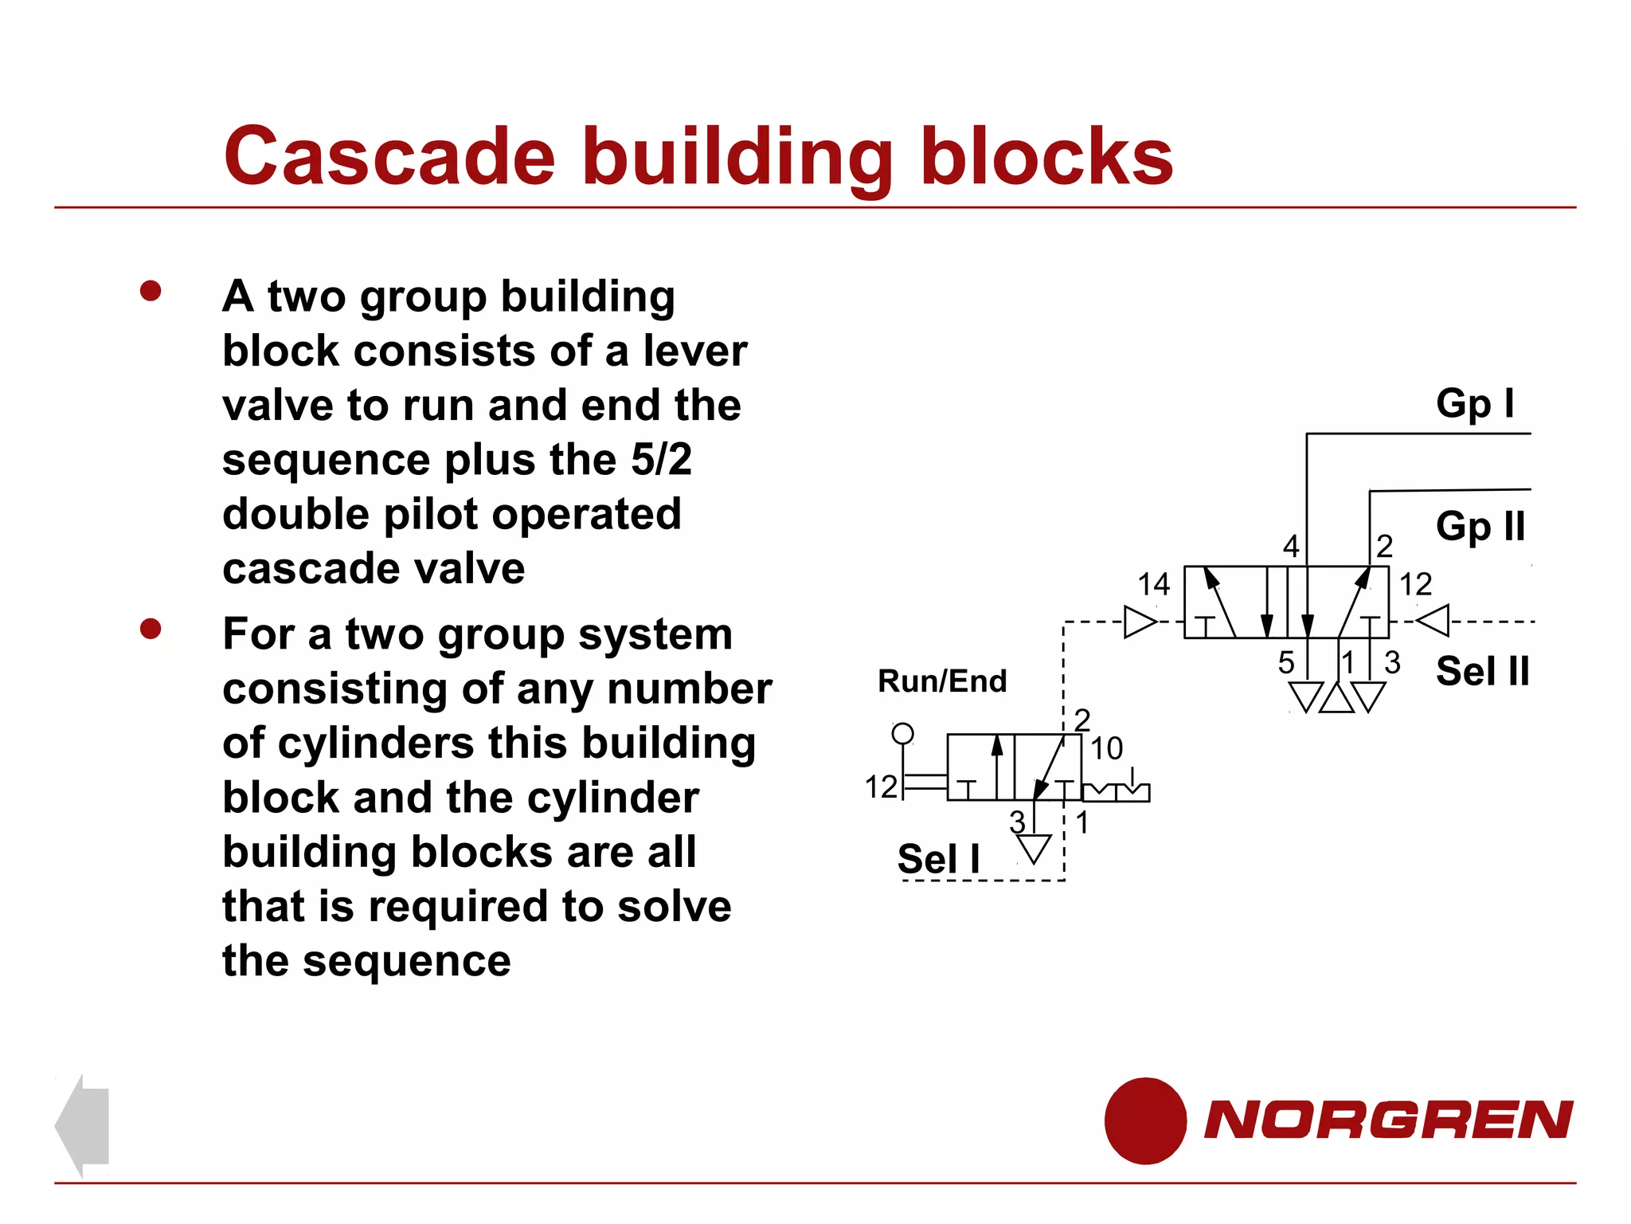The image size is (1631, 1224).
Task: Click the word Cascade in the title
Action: point(389,156)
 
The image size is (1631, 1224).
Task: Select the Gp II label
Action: point(1480,527)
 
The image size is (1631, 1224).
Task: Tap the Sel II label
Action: point(1482,671)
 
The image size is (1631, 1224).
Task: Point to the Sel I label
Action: point(938,859)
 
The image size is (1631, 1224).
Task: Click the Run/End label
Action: point(942,681)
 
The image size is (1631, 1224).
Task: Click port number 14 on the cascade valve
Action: point(1153,585)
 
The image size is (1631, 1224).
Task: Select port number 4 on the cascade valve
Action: point(1291,547)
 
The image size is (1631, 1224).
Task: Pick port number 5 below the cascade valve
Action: point(1286,663)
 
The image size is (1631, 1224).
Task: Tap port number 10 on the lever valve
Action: point(1106,748)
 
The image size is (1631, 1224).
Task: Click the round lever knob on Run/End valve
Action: point(902,733)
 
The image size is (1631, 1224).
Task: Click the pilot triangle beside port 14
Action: point(1140,622)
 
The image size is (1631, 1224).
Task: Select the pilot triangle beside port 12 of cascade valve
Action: point(1434,621)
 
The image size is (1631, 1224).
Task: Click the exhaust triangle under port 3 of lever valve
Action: point(1034,849)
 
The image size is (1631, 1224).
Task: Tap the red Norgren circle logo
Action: point(1145,1120)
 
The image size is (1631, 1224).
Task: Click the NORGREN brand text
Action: point(1388,1120)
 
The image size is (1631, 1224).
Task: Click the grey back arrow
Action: point(83,1125)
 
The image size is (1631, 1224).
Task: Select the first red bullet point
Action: point(151,291)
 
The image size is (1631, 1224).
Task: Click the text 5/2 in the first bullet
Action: point(661,460)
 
